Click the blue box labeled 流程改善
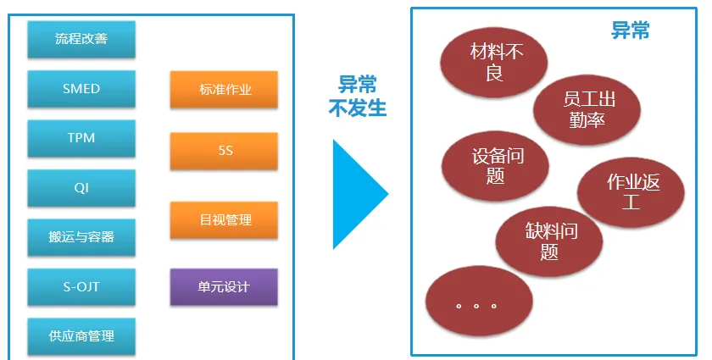coord(81,39)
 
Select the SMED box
coord(81,89)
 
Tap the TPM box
coord(81,138)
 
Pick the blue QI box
coord(81,188)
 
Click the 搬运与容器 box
coord(81,237)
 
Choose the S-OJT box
coord(81,287)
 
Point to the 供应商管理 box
coord(81,336)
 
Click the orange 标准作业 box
coord(224,90)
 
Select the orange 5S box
coord(224,151)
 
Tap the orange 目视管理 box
coord(224,220)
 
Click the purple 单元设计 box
coord(224,287)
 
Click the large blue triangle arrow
coord(357,194)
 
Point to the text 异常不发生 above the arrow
coord(357,96)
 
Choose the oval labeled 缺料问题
coord(548,240)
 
